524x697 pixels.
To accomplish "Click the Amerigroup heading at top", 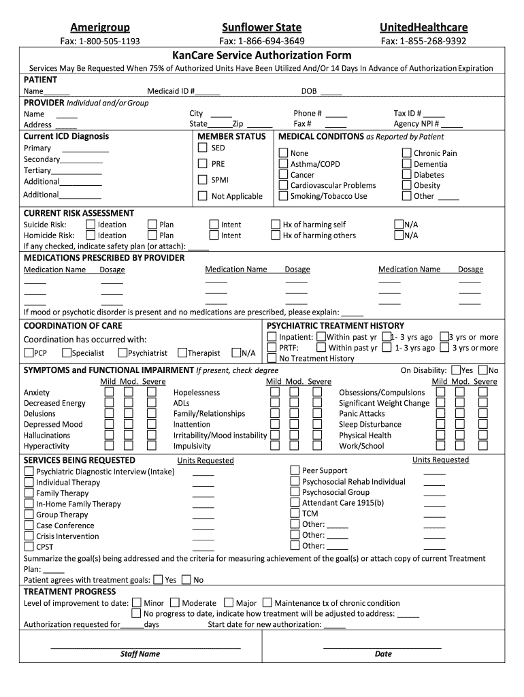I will click(x=100, y=27).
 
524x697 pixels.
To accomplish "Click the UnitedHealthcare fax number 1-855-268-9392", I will click(x=423, y=41).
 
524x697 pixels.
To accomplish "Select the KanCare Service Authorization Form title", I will click(x=262, y=55).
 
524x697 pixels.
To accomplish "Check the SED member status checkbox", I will click(x=202, y=148).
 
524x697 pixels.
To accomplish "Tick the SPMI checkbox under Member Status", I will click(x=202, y=180).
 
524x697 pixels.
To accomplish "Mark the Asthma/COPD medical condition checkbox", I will click(x=283, y=164).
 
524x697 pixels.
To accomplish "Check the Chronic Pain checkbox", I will click(x=407, y=153).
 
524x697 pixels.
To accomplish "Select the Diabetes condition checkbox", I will click(x=407, y=175).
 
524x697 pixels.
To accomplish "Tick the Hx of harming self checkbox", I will click(x=276, y=224).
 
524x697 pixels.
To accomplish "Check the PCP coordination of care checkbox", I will click(x=29, y=353).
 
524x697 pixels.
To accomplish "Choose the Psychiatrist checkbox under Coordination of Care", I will click(x=122, y=353).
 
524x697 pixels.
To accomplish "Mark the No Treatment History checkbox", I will click(x=272, y=358).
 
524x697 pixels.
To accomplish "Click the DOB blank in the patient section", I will click(x=331, y=92).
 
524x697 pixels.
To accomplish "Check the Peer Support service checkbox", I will click(x=295, y=470).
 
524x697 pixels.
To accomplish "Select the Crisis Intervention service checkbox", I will click(x=29, y=536).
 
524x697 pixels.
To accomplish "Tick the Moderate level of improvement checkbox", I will click(x=175, y=602).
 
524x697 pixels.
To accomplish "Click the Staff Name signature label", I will click(x=140, y=654).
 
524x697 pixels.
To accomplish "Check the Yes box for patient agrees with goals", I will click(x=158, y=580).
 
